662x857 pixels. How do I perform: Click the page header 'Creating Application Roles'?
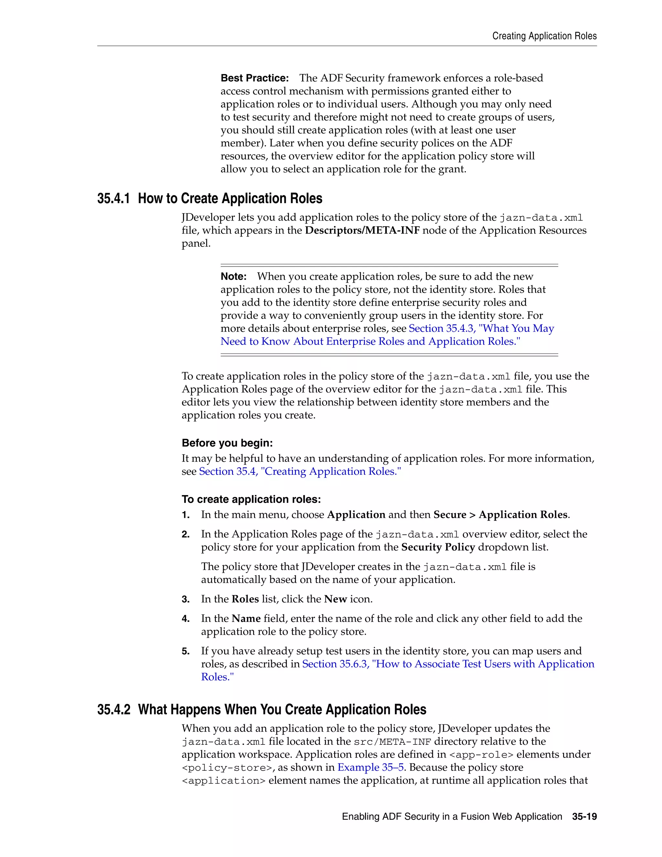coord(544,36)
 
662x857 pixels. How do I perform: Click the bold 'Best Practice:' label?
coord(254,78)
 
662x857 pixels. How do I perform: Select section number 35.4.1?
coord(113,199)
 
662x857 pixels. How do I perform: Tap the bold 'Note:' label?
coord(233,277)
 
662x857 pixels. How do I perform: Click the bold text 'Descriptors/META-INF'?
coord(362,230)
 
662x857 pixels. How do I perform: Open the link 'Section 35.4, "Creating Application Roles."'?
coord(300,471)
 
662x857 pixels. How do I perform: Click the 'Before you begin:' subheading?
coord(227,443)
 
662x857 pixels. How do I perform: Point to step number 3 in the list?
coord(186,599)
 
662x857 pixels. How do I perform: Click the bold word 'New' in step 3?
coord(335,599)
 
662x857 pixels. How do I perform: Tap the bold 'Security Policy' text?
coord(438,547)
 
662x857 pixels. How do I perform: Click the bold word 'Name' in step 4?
coord(246,618)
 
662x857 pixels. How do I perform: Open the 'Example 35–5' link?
coord(371,767)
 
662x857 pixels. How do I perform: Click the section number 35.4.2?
coord(113,710)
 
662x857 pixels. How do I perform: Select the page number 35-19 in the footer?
coord(584,817)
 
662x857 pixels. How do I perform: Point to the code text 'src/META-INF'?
coord(392,742)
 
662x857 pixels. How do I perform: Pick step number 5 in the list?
coord(186,651)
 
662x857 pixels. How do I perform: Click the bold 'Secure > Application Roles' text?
coord(500,515)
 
